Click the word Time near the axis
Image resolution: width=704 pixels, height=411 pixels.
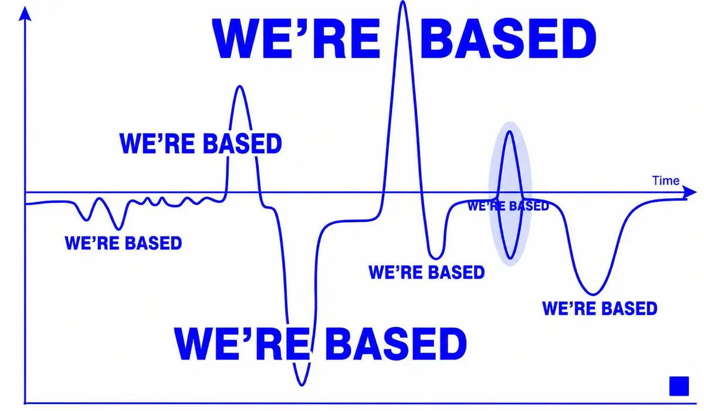pos(666,181)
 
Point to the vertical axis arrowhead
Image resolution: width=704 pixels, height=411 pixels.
pos(25,13)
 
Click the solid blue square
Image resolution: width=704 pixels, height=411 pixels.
pos(679,386)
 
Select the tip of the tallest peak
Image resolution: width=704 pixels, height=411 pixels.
pos(402,2)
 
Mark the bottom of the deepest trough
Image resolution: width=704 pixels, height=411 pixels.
pos(302,385)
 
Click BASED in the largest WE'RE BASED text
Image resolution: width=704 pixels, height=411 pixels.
pos(508,39)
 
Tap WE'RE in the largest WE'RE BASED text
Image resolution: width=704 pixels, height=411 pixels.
pos(296,39)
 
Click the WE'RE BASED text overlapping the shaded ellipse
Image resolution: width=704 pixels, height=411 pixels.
pos(508,206)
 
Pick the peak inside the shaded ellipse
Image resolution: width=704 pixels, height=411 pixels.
pos(509,132)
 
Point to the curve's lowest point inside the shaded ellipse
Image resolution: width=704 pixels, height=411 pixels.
pos(510,259)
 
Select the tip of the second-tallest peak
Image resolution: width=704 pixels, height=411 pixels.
pos(239,86)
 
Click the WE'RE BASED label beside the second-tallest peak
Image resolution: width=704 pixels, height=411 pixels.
pos(201,143)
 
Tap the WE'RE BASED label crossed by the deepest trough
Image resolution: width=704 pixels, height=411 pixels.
pos(320,344)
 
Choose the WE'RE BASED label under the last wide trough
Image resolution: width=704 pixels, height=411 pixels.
pos(600,308)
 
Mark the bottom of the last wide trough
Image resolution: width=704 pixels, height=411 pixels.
pos(593,294)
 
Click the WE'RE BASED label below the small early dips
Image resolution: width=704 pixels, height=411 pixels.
pos(123,243)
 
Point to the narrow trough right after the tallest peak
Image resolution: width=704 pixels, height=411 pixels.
pos(435,259)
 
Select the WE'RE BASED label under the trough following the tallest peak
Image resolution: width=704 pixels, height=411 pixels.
pos(427,272)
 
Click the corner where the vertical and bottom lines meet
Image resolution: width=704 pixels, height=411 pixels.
pos(25,403)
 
